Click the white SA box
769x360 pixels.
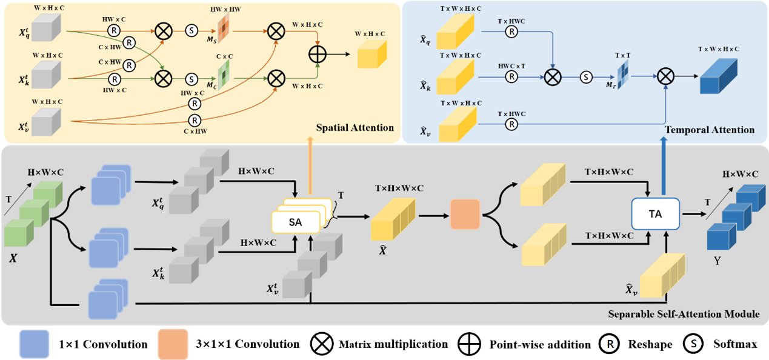click(295, 222)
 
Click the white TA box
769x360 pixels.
click(656, 213)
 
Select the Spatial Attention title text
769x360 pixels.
click(355, 128)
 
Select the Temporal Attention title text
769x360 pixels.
click(710, 130)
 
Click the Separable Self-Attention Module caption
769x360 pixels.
click(684, 314)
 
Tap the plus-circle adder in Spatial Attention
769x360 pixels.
click(318, 54)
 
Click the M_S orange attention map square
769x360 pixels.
click(224, 28)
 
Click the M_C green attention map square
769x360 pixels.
click(224, 77)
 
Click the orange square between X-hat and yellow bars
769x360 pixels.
click(465, 213)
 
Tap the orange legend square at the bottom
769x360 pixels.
click(173, 344)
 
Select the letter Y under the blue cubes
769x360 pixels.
click(717, 262)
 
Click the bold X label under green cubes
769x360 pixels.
click(13, 258)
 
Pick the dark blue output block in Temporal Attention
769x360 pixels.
click(718, 77)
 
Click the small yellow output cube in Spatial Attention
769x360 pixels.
click(371, 55)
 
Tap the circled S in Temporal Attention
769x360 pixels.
click(585, 77)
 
